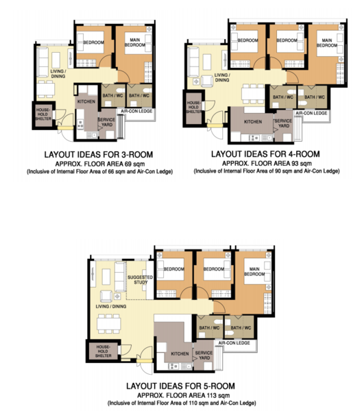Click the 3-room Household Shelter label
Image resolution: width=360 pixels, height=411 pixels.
[x=43, y=114]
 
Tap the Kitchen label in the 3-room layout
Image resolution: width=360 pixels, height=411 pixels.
[x=86, y=101]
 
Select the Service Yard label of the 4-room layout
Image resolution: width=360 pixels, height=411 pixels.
[x=283, y=123]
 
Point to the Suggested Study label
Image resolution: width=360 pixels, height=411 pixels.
[x=140, y=279]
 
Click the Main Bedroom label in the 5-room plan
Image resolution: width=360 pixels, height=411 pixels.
[x=254, y=271]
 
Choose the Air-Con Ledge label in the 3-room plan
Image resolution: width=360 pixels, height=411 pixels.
[x=136, y=111]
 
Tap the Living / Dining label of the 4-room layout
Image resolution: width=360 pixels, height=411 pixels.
[x=222, y=77]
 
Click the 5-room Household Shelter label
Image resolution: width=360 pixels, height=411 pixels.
[x=103, y=351]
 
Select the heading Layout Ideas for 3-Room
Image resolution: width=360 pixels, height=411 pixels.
[x=98, y=154]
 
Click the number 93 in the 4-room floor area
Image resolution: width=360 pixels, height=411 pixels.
[x=295, y=164]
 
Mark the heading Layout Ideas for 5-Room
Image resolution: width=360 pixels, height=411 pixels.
[x=180, y=386]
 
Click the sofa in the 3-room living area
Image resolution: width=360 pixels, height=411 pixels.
[x=43, y=62]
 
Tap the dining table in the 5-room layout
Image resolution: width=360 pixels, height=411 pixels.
[x=108, y=324]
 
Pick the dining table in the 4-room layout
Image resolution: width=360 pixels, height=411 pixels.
[x=253, y=94]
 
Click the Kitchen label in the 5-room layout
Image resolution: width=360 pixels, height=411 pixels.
[x=180, y=353]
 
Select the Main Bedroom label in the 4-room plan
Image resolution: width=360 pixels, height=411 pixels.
[x=326, y=42]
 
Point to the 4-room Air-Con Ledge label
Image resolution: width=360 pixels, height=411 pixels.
[x=311, y=113]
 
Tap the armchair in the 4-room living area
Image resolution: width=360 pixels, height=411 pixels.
[x=207, y=81]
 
